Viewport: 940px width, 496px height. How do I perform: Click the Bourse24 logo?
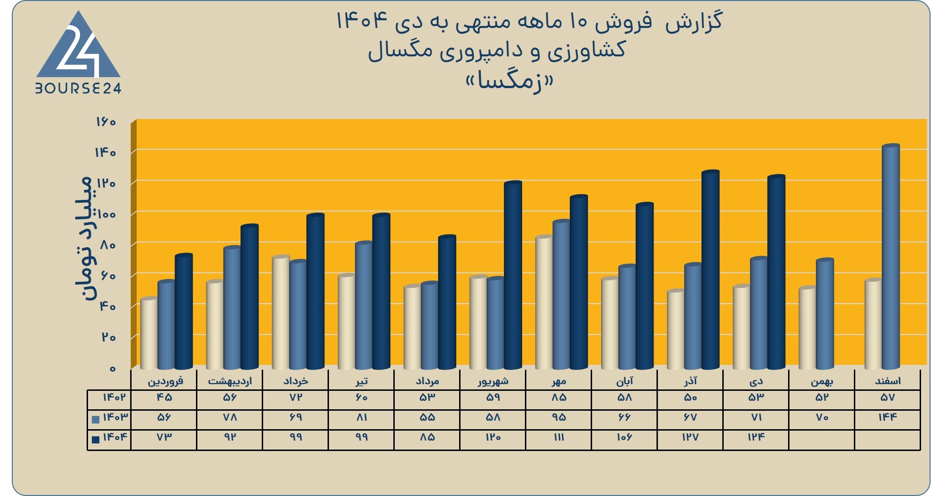click(79, 52)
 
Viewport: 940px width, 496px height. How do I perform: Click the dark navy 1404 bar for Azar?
click(710, 270)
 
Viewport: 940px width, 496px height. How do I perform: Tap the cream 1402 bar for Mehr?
click(544, 302)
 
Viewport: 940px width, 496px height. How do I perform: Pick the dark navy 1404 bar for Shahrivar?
click(513, 275)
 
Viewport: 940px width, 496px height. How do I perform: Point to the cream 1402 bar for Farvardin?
click(150, 333)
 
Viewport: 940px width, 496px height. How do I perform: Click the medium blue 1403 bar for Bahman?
click(825, 314)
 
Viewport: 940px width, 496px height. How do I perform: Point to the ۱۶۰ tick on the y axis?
click(106, 122)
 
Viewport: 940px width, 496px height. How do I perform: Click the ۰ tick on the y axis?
click(112, 369)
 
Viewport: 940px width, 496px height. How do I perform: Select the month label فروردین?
click(165, 381)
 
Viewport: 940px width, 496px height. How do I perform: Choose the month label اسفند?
click(888, 381)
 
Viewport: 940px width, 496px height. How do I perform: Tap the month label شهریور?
click(493, 381)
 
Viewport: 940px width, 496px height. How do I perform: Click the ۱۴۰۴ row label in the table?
click(115, 437)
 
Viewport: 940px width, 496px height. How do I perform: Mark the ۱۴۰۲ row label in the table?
click(114, 397)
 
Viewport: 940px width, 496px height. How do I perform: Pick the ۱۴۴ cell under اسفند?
click(887, 417)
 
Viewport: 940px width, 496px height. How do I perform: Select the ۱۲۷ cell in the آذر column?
click(690, 437)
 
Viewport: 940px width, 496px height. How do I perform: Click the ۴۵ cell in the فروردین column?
click(164, 397)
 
